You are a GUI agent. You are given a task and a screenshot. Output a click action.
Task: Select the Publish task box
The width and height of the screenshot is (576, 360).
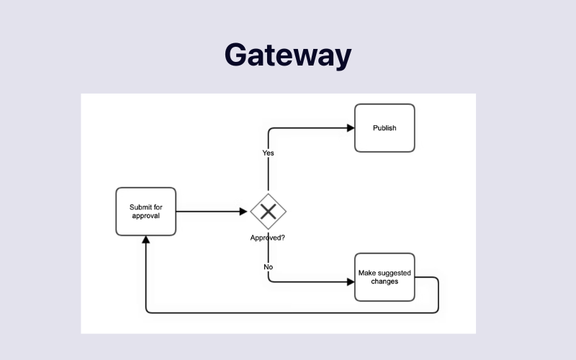tap(384, 128)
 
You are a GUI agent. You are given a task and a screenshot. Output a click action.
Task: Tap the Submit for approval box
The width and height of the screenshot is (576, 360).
tap(145, 211)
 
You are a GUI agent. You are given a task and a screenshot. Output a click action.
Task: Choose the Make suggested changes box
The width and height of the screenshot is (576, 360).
tap(384, 276)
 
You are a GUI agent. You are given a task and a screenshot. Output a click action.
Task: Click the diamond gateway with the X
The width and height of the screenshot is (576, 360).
tap(269, 211)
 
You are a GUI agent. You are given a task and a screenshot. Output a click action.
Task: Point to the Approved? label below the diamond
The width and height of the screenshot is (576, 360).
tap(267, 238)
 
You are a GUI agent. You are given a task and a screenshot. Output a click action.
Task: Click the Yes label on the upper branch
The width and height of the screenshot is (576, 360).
tap(268, 153)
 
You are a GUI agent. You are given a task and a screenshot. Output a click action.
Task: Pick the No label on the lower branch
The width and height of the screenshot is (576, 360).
tap(268, 267)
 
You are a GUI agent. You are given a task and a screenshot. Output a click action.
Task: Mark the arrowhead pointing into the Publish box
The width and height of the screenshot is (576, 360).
tap(351, 128)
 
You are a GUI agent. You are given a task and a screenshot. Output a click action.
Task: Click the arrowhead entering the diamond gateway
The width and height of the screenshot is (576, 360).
tap(243, 212)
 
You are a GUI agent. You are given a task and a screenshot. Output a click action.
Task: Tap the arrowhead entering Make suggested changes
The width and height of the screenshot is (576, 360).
tap(351, 282)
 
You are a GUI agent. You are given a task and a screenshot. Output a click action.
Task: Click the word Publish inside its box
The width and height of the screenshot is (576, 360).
tap(384, 128)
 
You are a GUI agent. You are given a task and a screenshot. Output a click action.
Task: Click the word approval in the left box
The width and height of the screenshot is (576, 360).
tap(145, 215)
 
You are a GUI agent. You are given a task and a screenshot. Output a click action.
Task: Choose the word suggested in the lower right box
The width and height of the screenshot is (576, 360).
tap(392, 273)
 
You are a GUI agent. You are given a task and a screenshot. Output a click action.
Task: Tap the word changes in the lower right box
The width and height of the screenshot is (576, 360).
tap(384, 281)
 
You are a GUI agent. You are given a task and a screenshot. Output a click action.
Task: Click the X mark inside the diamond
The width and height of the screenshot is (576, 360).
tap(269, 211)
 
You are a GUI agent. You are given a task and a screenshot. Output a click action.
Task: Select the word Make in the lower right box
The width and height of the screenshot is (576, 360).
tap(367, 273)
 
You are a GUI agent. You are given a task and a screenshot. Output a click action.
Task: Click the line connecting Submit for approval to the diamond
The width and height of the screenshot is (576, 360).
tap(209, 212)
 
